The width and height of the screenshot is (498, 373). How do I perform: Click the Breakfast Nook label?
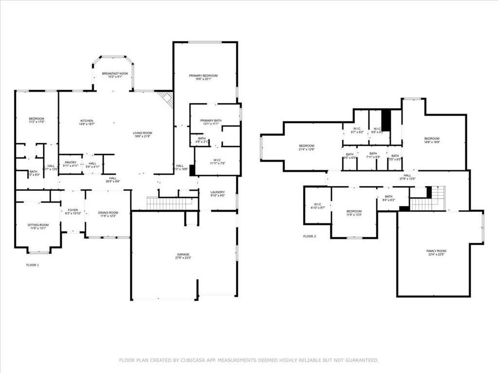coord(115,73)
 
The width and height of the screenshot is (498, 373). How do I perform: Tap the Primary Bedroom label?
coord(203,76)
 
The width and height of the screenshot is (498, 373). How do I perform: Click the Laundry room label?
coord(217,192)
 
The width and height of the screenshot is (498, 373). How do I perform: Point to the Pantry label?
coord(71,162)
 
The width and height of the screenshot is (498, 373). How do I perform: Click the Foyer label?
coord(73,210)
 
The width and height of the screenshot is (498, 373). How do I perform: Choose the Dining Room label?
coord(108,212)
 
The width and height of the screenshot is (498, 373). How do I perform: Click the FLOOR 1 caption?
coord(33,265)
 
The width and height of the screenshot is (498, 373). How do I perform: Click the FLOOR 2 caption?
coord(309,237)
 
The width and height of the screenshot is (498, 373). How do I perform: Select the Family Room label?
coord(436,251)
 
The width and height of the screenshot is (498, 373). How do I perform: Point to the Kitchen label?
coord(87,121)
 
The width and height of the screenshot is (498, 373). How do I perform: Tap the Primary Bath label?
coord(211,120)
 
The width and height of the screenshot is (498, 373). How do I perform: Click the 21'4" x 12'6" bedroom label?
coord(306,146)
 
